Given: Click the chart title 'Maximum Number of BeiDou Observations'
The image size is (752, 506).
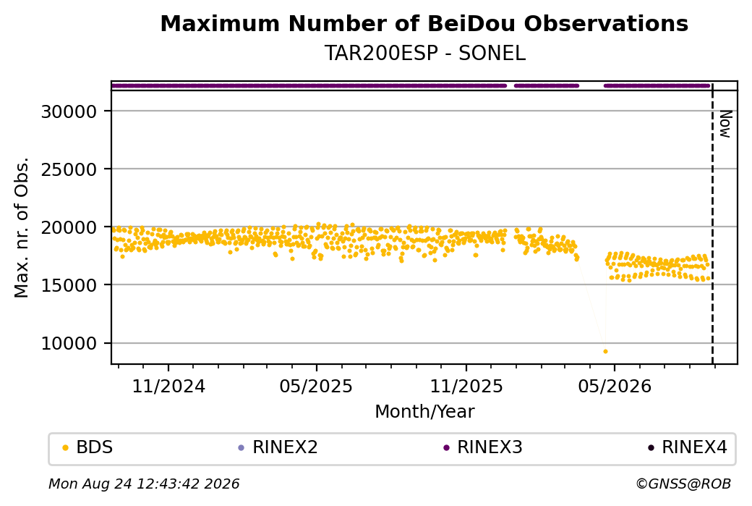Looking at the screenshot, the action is click(x=424, y=23).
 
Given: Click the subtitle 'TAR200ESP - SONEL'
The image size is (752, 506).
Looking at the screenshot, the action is click(x=425, y=53).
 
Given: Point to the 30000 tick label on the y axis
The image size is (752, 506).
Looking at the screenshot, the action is click(x=69, y=112).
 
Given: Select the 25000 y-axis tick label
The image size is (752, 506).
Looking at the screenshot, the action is click(x=69, y=169).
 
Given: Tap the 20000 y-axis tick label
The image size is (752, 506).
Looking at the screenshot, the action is click(x=69, y=227).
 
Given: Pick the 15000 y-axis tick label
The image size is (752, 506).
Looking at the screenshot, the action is click(x=69, y=286).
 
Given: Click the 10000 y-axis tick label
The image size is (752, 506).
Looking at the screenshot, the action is click(x=69, y=344).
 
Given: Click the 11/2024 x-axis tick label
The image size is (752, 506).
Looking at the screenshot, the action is click(x=168, y=386).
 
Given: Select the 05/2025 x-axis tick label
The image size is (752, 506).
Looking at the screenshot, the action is click(x=316, y=386).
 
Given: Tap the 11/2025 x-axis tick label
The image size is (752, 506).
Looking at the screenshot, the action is click(x=466, y=386).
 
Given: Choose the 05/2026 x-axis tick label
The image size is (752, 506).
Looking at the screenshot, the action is click(x=615, y=386).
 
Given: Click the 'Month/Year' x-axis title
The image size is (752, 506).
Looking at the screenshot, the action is click(x=425, y=412).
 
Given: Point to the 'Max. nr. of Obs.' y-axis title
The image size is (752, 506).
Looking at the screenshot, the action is click(x=22, y=227).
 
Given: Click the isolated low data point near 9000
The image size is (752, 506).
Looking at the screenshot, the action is click(x=605, y=351).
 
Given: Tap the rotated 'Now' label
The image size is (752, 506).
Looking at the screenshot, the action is click(x=725, y=124).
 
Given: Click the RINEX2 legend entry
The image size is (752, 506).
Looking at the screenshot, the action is click(x=278, y=447).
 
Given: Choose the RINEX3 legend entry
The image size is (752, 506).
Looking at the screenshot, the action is click(x=483, y=447).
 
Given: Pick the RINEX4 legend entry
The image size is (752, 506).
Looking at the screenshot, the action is click(x=688, y=447).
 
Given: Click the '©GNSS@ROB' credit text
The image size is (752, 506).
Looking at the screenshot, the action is click(x=683, y=484).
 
